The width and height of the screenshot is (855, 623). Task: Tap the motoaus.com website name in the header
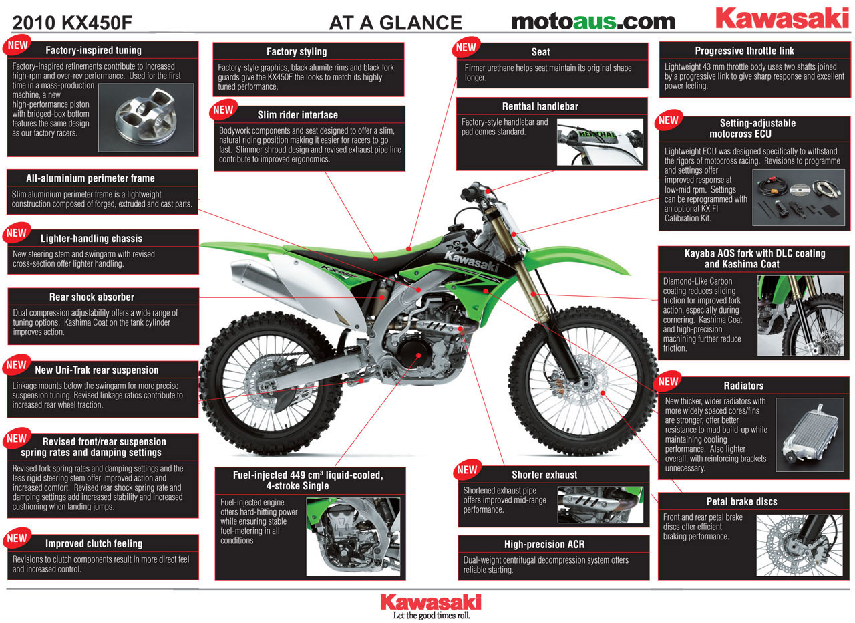(x=593, y=22)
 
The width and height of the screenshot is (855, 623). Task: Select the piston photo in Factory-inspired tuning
(x=146, y=118)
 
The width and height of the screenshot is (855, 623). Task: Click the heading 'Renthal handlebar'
(x=540, y=106)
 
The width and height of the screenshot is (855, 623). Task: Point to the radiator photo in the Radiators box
(x=810, y=434)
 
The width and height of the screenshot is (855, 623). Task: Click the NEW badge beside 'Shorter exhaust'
(x=467, y=469)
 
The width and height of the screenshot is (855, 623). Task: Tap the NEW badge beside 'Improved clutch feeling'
(x=17, y=539)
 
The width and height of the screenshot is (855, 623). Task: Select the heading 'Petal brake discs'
(x=741, y=501)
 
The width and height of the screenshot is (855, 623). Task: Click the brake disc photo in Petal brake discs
(x=800, y=545)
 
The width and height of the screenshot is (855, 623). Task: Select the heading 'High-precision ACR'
(x=544, y=544)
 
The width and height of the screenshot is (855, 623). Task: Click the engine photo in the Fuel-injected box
(x=353, y=536)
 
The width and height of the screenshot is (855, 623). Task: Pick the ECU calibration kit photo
(x=798, y=198)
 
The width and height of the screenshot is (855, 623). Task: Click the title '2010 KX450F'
(x=72, y=23)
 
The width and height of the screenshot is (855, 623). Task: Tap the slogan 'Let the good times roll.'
(x=432, y=616)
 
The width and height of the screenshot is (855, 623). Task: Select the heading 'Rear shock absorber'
(x=92, y=297)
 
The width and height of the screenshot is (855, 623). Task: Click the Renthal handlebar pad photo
(x=600, y=142)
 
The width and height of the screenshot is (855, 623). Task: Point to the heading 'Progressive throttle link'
(x=744, y=51)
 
